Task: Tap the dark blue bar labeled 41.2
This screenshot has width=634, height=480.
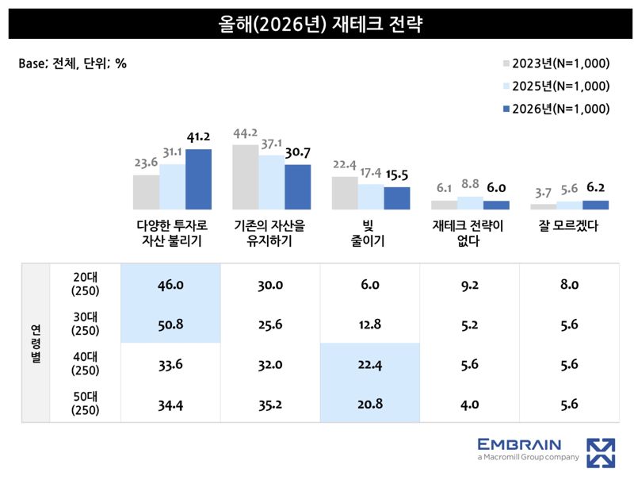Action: (198, 179)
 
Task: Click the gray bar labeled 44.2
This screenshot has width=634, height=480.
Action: (245, 177)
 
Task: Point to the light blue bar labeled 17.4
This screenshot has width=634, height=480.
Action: (371, 196)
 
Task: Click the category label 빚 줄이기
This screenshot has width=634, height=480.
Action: (370, 233)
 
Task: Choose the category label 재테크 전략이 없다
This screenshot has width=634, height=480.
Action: (469, 233)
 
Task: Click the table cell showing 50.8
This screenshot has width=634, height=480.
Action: (170, 324)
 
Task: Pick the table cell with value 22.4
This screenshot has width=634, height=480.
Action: (370, 363)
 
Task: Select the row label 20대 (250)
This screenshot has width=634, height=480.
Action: (85, 284)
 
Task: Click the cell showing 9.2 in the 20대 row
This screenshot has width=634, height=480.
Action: (469, 284)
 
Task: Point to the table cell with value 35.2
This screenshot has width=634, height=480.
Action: (270, 404)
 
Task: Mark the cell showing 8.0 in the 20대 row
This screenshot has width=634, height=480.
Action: (569, 284)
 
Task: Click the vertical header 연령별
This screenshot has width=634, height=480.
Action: (36, 344)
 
